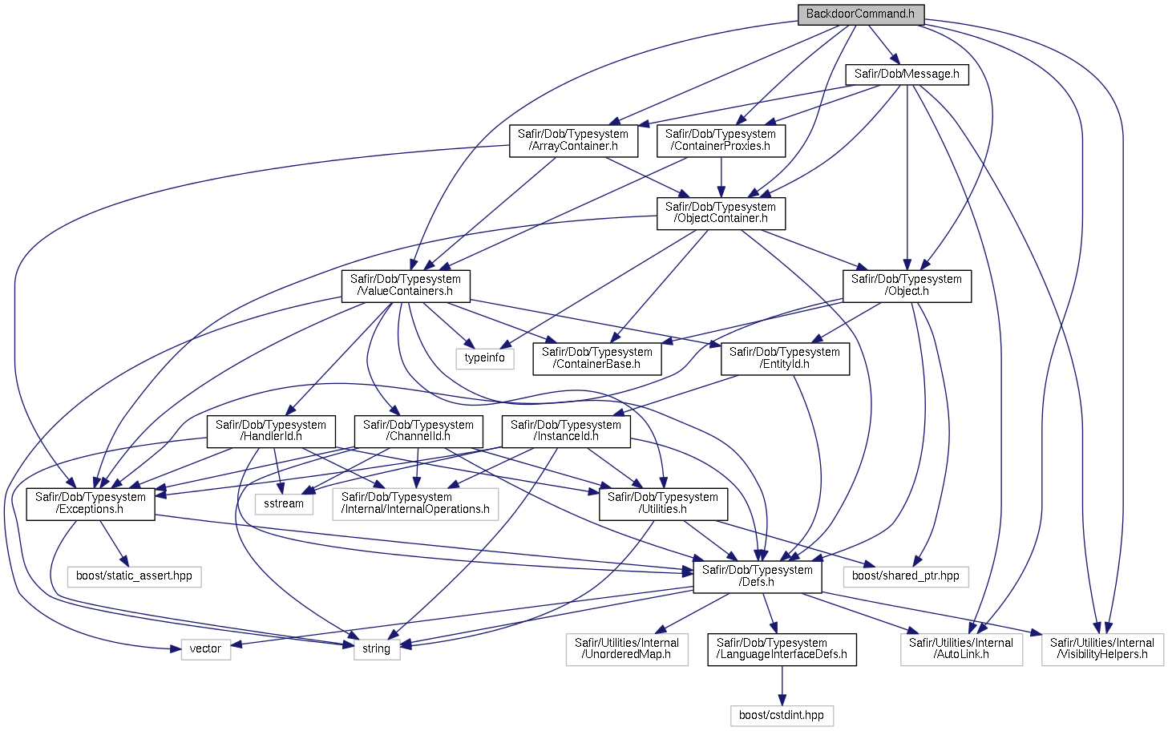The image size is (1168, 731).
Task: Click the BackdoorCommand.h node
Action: tap(861, 14)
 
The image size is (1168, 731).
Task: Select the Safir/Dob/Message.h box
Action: tap(907, 75)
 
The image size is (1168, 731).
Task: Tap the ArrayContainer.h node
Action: tap(573, 141)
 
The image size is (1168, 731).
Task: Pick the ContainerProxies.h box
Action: tap(721, 141)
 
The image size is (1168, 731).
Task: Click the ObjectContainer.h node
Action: tap(721, 213)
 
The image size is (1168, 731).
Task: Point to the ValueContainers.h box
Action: tap(406, 285)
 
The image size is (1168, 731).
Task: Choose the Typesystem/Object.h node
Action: tap(907, 285)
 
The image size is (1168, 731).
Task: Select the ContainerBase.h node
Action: tap(597, 359)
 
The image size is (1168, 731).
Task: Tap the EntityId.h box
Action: tap(785, 359)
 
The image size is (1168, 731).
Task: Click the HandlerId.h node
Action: tap(271, 431)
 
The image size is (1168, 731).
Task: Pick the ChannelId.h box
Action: tap(418, 431)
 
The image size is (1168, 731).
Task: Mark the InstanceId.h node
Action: tap(566, 431)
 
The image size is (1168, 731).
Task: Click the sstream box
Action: tap(284, 503)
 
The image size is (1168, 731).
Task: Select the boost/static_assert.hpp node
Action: tap(135, 576)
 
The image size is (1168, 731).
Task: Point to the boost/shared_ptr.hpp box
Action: tap(906, 576)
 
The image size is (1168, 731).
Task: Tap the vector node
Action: tap(206, 649)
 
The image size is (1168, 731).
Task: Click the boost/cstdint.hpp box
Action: tap(782, 716)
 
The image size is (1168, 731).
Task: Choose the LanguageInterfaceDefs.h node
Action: tap(782, 649)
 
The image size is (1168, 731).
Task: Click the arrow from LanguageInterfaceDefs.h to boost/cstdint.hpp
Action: tap(782, 685)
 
